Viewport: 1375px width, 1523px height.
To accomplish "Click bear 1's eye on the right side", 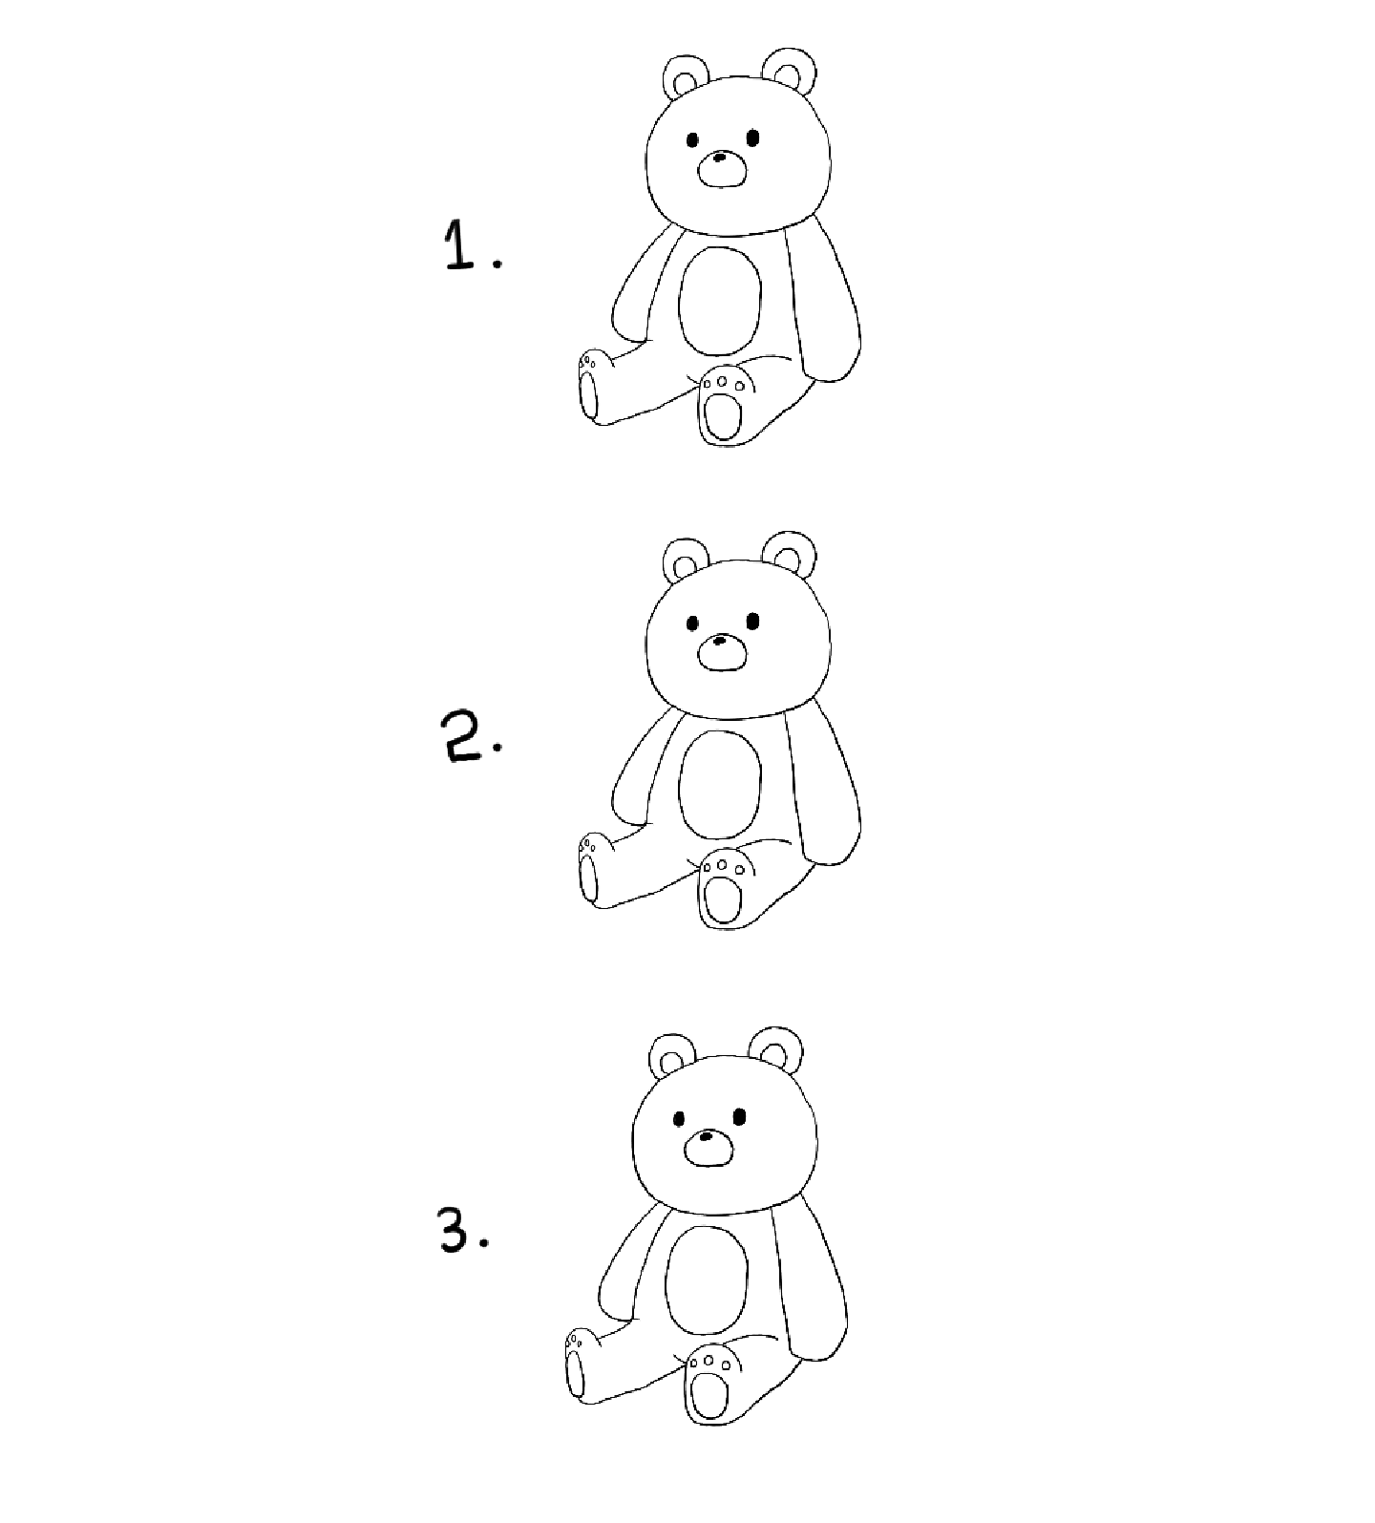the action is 752,138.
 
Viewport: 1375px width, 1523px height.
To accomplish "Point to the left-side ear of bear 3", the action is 672,1056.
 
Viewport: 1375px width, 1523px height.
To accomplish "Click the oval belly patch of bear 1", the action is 720,299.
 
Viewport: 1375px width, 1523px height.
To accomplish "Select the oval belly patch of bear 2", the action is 720,784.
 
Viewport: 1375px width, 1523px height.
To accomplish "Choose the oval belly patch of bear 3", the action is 706,1280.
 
